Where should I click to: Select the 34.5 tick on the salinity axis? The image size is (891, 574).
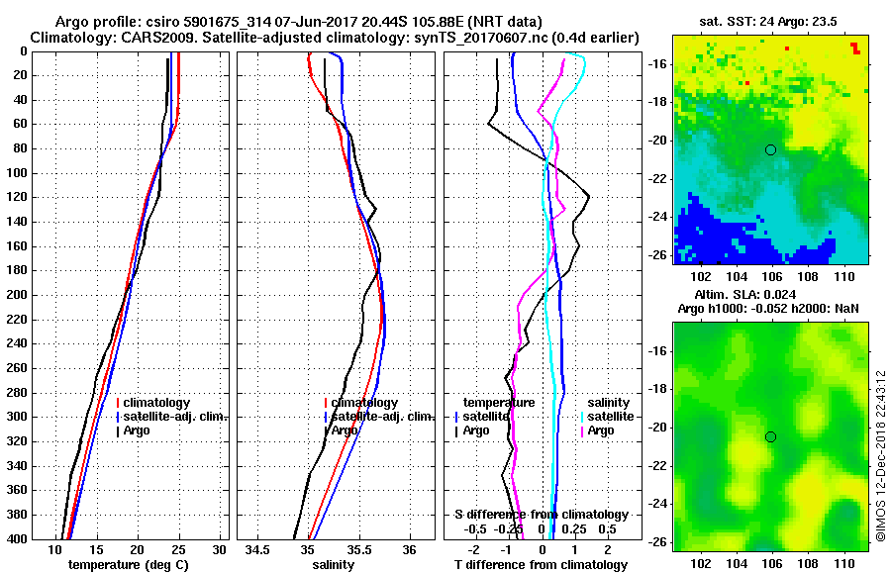point(259,549)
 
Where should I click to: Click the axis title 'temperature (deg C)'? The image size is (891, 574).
point(128,564)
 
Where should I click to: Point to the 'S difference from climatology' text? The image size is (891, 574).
point(541,515)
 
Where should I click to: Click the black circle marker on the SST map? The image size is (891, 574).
point(770,149)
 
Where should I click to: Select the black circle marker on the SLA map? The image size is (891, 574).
point(770,436)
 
